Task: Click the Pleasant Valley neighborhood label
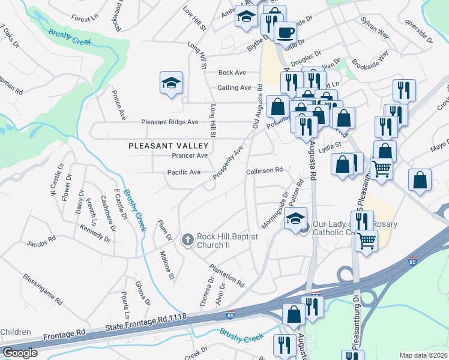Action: click(169, 146)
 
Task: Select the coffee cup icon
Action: click(286, 32)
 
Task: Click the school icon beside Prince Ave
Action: click(171, 83)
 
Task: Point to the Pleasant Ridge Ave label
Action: click(169, 122)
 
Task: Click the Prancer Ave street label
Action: click(190, 155)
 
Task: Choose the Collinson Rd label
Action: click(264, 170)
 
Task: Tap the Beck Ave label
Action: click(232, 73)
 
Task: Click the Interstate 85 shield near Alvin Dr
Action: click(230, 314)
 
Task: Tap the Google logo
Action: click(20, 353)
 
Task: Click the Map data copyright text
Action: click(423, 355)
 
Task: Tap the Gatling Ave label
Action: click(234, 88)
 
